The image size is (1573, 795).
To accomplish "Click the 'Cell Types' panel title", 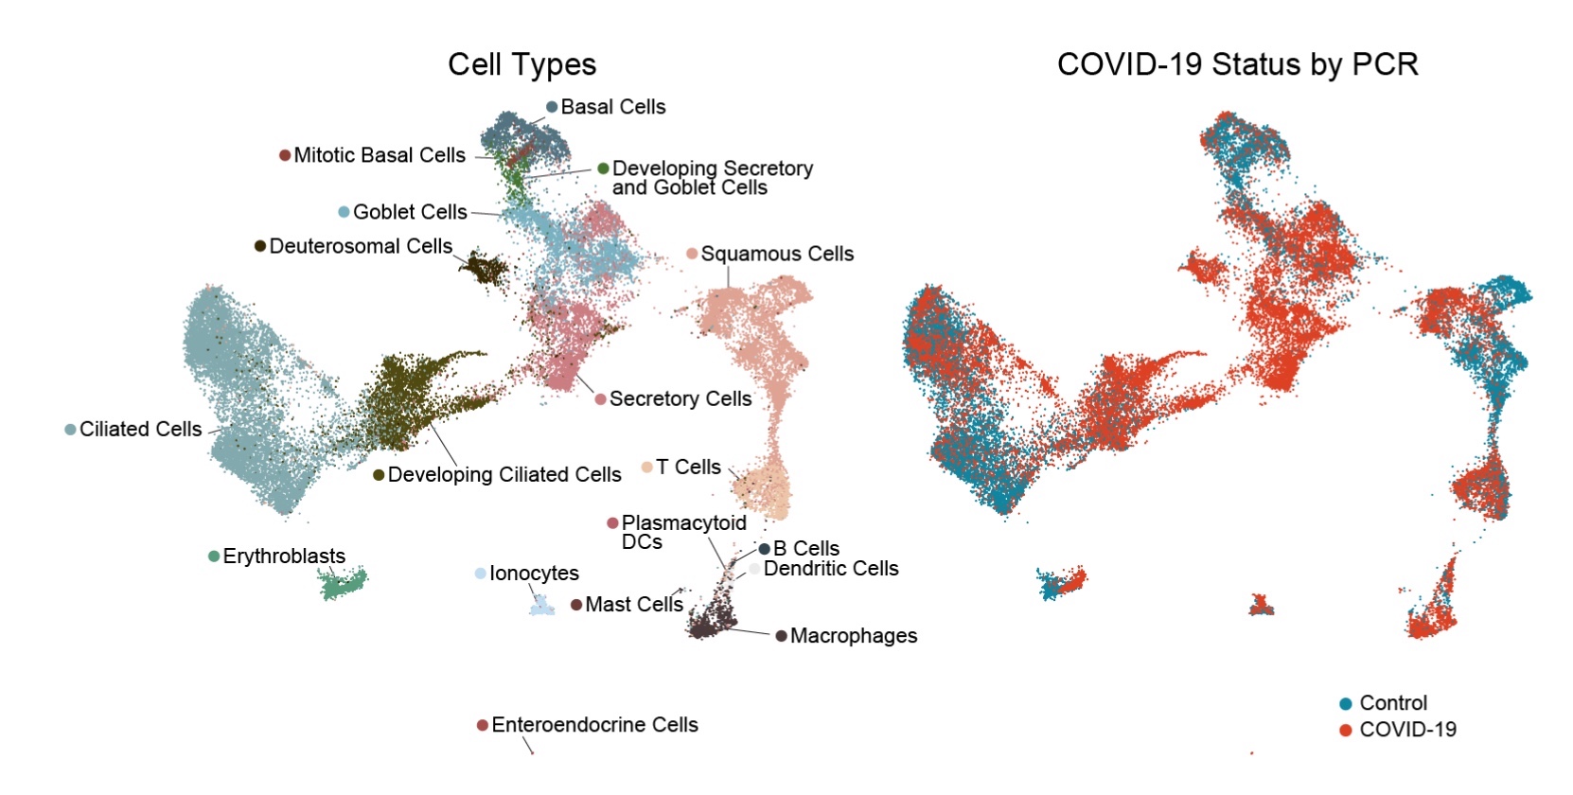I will [521, 64].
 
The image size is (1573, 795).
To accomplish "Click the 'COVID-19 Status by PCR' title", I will [1237, 64].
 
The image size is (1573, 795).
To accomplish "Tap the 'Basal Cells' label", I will [612, 107].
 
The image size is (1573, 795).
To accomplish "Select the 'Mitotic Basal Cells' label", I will [379, 155].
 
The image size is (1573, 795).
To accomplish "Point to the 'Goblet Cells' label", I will [409, 212].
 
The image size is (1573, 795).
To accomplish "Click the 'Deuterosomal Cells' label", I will [361, 246].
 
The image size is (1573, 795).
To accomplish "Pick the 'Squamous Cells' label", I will [776, 254].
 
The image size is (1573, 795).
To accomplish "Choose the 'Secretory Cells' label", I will [680, 398].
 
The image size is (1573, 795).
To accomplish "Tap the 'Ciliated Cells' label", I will [140, 430].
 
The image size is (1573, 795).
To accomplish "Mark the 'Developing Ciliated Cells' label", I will [504, 474].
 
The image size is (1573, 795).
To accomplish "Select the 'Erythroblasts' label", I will [284, 556].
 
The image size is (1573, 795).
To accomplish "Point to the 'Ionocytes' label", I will [534, 574].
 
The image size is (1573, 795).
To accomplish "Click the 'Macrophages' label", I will [853, 636].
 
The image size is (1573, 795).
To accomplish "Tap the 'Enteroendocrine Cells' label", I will [594, 725].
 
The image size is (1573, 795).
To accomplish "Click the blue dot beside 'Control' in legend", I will [1345, 703].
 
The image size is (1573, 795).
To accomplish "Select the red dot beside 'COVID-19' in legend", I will [1345, 730].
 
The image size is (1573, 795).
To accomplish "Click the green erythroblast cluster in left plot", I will [343, 584].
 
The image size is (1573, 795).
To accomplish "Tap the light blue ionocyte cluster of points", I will [541, 606].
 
